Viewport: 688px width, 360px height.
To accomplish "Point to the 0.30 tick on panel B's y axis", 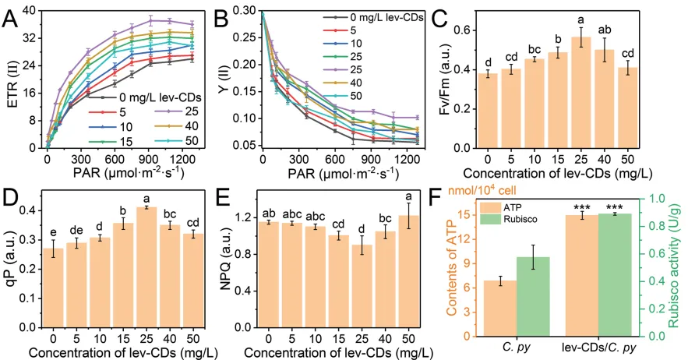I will [x=247, y=11].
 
